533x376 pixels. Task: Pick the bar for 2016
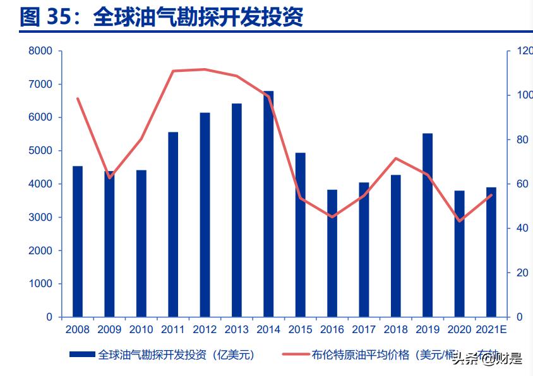point(332,252)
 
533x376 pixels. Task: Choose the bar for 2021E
point(491,252)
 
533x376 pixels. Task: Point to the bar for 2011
point(173,224)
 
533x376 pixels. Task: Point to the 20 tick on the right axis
point(522,273)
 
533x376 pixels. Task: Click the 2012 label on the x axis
point(205,329)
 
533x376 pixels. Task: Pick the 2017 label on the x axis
point(364,329)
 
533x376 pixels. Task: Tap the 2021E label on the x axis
point(491,329)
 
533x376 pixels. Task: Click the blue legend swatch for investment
point(82,355)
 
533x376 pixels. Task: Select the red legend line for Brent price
point(294,355)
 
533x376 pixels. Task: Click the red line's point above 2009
point(109,178)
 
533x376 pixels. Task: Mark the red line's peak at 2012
point(205,69)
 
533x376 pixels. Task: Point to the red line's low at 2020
point(459,221)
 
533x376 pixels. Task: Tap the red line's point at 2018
point(395,158)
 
